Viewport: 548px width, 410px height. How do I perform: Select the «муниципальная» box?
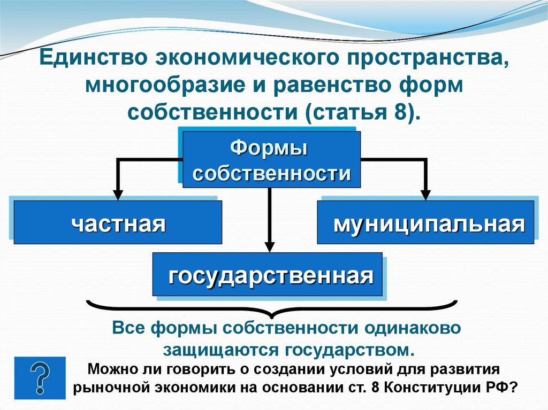coord(427,222)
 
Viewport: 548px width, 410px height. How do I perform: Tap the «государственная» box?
coord(268,275)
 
